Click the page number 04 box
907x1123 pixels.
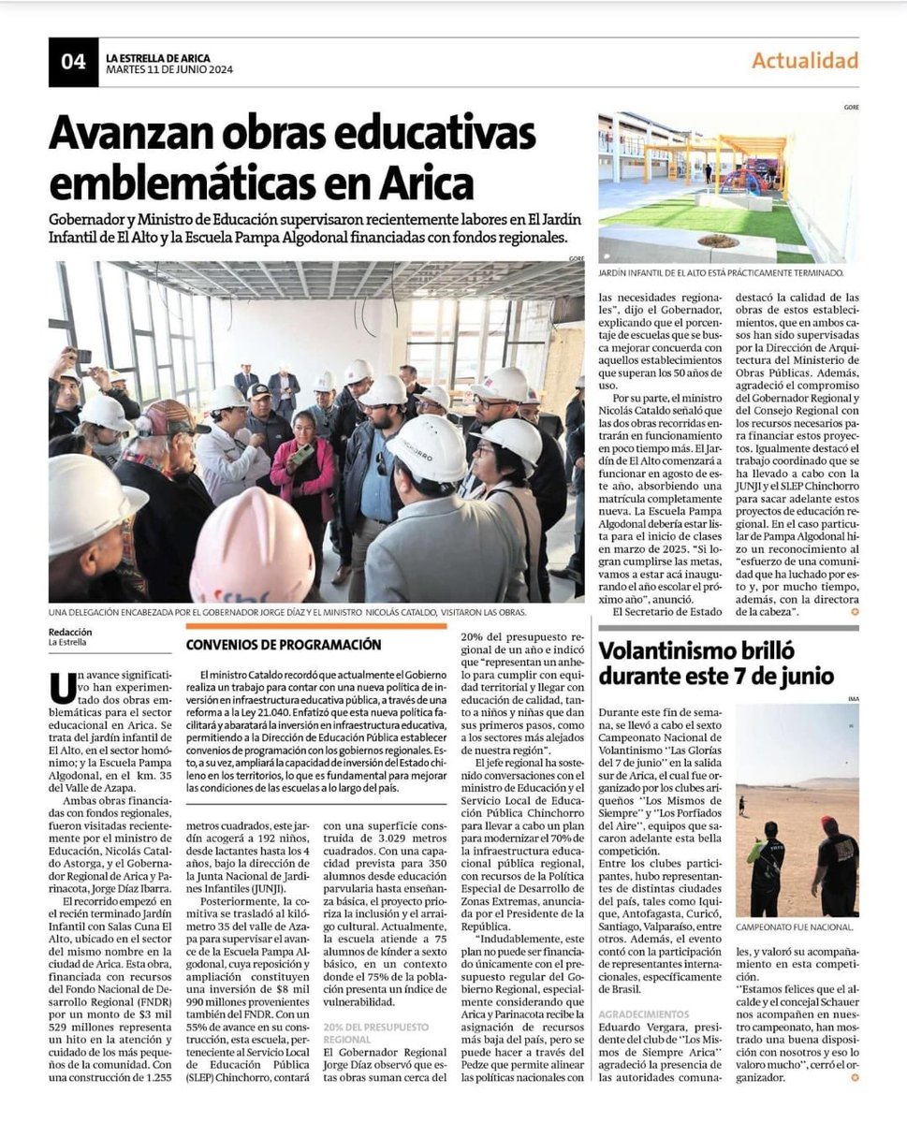coord(73,62)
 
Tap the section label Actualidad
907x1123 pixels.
coord(805,61)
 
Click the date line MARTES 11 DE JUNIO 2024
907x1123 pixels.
coord(169,70)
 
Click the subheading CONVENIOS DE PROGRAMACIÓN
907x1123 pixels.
coord(283,645)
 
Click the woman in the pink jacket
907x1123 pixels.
coord(304,477)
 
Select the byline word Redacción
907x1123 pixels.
coord(70,632)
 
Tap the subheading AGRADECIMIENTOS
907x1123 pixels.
coord(643,1014)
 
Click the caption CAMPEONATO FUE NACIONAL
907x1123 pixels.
coord(794,927)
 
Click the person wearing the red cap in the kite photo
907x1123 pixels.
coord(836,861)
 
